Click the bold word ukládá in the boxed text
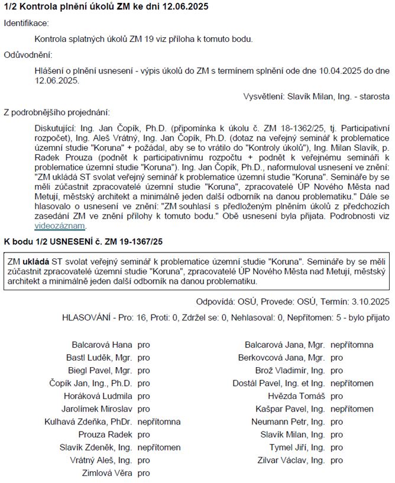pos(36,262)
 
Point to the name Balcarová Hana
pos(102,344)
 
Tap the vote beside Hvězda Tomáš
pos(336,396)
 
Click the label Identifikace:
pos(27,23)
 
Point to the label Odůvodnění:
pos(28,55)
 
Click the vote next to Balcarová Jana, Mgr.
pos(352,344)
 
